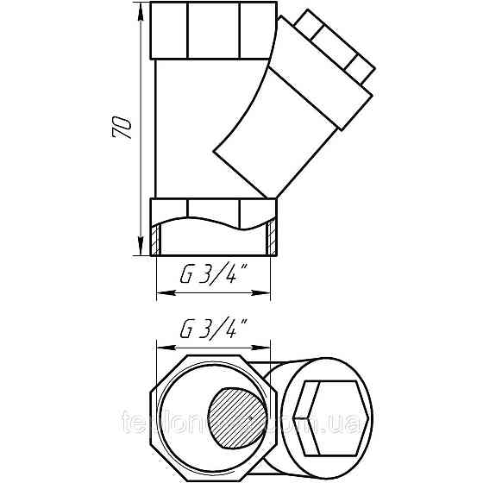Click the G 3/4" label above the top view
pyautogui.click(x=213, y=329)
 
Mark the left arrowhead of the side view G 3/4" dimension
pyautogui.click(x=160, y=293)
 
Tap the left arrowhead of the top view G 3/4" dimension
pyautogui.click(x=160, y=345)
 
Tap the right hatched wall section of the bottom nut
pyautogui.click(x=272, y=235)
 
